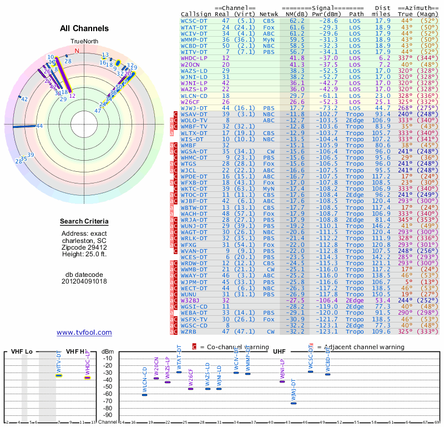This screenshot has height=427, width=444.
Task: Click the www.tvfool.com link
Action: (84, 332)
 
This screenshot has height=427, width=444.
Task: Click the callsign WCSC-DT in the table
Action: (194, 21)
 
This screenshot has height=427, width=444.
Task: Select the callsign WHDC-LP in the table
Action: (194, 57)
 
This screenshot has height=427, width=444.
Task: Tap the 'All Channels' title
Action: (84, 28)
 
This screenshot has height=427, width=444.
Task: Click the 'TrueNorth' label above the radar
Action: (84, 42)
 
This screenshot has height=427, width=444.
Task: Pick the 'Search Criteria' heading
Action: (84, 222)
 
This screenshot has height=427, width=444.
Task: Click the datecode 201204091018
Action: (84, 281)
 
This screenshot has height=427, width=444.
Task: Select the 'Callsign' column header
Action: (196, 14)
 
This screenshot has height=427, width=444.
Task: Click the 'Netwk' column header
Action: (269, 14)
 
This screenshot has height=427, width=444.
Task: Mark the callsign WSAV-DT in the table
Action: (194, 114)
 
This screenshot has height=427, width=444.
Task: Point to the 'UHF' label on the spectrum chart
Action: (278, 351)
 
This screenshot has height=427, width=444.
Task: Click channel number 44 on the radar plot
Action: (39, 126)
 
